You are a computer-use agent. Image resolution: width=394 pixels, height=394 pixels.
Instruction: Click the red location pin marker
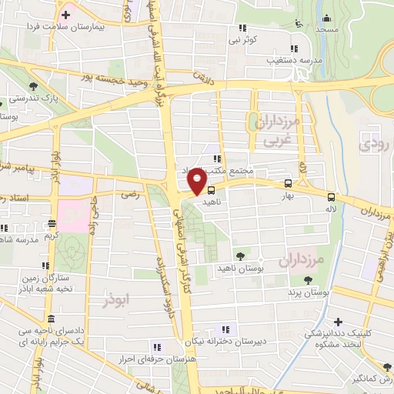[197, 181]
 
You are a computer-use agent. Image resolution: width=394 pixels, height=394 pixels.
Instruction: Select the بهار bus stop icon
[287, 184]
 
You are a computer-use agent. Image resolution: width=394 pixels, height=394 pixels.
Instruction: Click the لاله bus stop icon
[331, 196]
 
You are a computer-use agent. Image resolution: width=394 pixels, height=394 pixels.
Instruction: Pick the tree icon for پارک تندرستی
[32, 86]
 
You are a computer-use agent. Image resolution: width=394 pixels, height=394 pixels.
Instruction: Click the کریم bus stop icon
[52, 224]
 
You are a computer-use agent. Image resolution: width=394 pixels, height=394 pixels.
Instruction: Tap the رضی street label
[132, 195]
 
